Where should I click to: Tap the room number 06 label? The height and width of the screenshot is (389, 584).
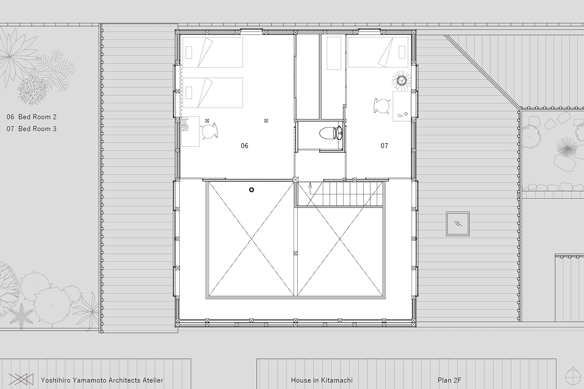tap(244, 146)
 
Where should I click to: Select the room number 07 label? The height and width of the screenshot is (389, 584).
tap(384, 146)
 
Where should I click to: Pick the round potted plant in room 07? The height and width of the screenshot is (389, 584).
tap(402, 80)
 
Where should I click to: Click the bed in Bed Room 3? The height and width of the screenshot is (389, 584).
tap(378, 53)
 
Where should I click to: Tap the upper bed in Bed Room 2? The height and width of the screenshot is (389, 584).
tap(213, 53)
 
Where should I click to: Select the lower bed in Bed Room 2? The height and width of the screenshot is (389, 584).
tap(213, 92)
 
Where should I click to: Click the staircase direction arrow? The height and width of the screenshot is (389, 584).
tap(310, 188)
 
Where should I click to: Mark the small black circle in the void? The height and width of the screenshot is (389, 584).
tap(251, 190)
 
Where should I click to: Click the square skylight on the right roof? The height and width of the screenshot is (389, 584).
tap(458, 224)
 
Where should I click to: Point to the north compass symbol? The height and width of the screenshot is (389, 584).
tap(572, 377)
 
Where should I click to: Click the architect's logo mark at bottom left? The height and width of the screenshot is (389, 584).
tap(21, 379)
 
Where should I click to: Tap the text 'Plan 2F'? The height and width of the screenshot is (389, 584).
tap(449, 380)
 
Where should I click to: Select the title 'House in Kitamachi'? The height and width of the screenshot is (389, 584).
tap(322, 380)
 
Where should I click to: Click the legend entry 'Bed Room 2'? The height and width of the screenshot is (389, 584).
tap(37, 117)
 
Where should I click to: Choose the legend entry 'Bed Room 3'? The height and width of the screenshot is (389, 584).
tap(37, 129)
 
